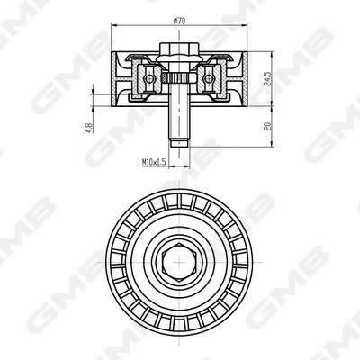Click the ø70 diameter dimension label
(179, 21)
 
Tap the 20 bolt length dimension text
(268, 126)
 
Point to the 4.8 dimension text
(89, 128)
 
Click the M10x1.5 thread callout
(154, 162)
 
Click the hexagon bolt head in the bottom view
(179, 262)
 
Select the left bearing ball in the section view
(149, 78)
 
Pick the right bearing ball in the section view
(208, 78)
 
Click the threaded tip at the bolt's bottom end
(179, 143)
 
